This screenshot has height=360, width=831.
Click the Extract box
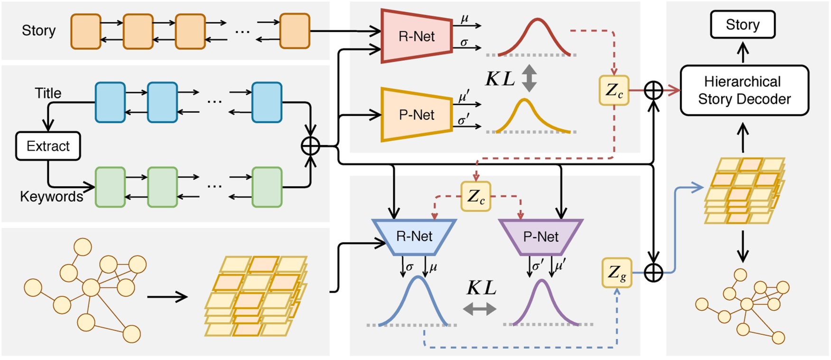coord(48,146)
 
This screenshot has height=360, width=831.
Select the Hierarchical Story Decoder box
coord(744,90)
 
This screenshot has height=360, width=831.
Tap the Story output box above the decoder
coord(742,25)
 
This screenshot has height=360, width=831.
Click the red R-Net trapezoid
coord(416,37)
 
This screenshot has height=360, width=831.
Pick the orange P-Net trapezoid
coord(416,115)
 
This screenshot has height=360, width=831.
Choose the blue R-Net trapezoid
coord(414,236)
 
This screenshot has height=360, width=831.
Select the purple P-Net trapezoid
coord(540,236)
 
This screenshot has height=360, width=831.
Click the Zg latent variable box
coord(617,273)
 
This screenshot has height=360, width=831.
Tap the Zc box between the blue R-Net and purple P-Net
coord(476,196)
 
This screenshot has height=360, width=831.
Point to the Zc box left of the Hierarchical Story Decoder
coord(614,90)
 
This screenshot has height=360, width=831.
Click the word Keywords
coord(51,196)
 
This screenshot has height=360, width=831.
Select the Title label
coord(48,93)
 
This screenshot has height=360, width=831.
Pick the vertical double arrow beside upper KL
coord(529,78)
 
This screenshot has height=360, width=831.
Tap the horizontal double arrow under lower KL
coord(480,309)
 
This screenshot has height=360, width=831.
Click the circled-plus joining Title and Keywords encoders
coord(311,146)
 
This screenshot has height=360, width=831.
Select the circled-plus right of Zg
coord(654,273)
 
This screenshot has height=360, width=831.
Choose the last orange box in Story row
coord(295,31)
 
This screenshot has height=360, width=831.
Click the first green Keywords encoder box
coord(110,187)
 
